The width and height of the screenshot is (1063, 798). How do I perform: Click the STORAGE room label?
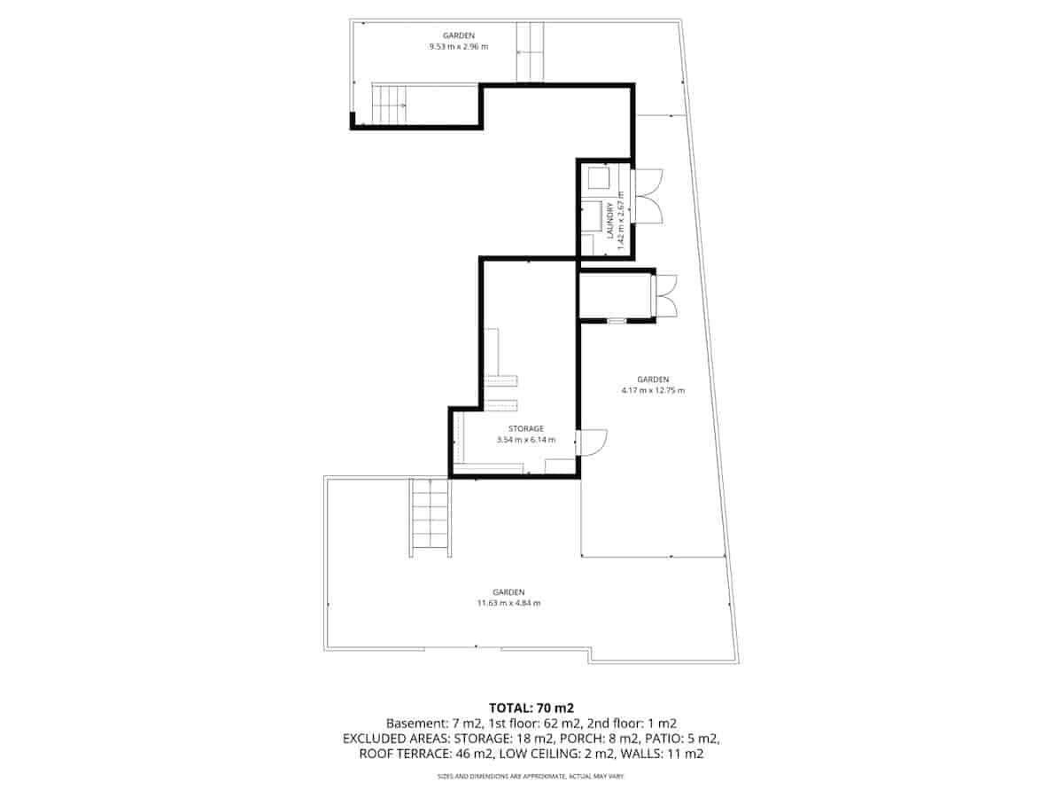[526, 428]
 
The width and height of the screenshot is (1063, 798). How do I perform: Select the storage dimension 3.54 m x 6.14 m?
[526, 440]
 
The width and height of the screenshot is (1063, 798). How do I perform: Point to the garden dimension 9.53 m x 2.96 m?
[458, 46]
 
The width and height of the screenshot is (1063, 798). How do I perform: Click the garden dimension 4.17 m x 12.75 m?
[653, 390]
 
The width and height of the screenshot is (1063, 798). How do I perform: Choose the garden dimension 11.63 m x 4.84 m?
[508, 603]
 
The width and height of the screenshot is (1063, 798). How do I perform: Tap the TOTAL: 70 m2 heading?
[531, 708]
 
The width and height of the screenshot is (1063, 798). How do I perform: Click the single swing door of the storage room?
[590, 442]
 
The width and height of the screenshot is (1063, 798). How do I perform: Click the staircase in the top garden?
[389, 105]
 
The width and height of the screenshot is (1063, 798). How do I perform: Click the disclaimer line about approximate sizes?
[531, 777]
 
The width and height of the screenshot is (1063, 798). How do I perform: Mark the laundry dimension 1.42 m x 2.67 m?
[621, 218]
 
